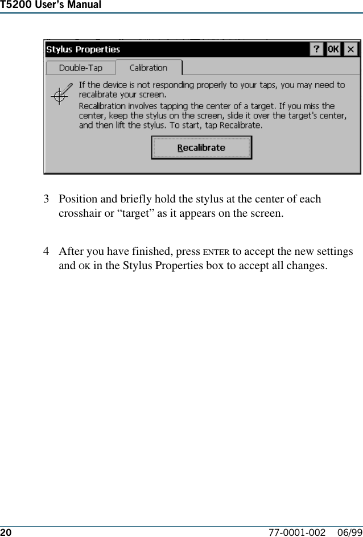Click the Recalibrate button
(201, 148)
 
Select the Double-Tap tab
(80, 68)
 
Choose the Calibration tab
(148, 68)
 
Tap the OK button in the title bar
(333, 49)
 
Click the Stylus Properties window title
(83, 49)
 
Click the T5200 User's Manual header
(51, 5)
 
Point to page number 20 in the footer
(6, 532)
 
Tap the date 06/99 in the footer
(349, 532)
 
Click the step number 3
(47, 200)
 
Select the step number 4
(47, 251)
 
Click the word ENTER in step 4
(216, 252)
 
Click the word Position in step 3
(78, 200)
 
